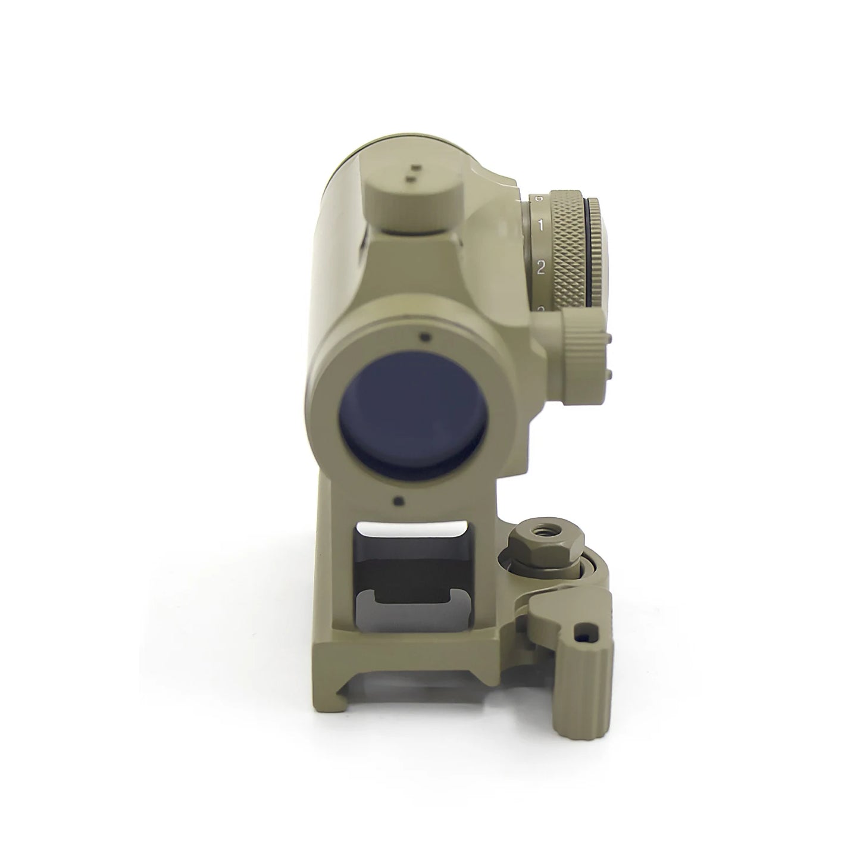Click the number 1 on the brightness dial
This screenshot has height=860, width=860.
pos(540,225)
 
